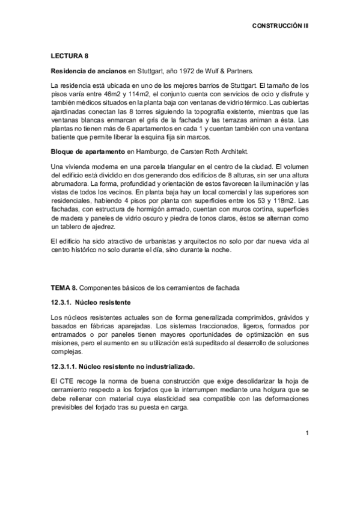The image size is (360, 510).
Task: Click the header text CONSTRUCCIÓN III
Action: coord(279,27)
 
